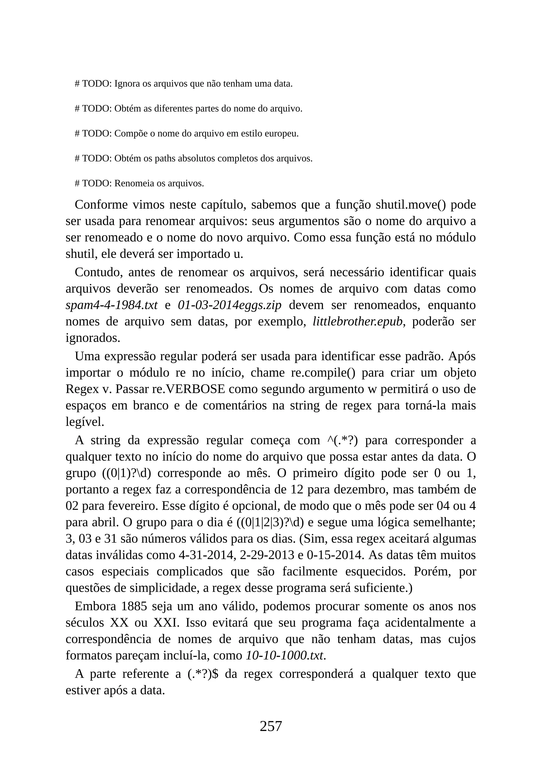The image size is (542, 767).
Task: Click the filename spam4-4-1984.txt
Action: coord(111,305)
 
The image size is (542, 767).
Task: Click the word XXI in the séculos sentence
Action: coord(166,623)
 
